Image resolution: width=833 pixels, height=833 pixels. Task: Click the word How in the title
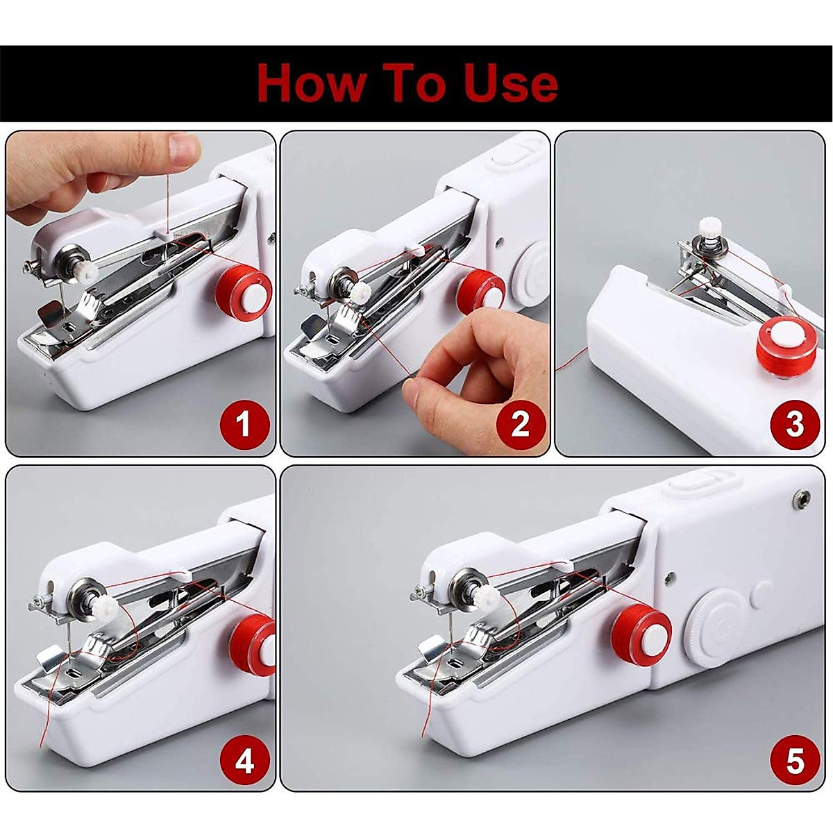tap(312, 83)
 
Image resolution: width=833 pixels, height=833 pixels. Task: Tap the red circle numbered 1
tap(243, 424)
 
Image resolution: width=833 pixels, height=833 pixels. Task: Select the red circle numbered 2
tap(520, 424)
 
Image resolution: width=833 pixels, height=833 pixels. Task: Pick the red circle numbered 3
tap(795, 424)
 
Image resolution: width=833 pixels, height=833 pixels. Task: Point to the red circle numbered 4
tap(244, 762)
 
